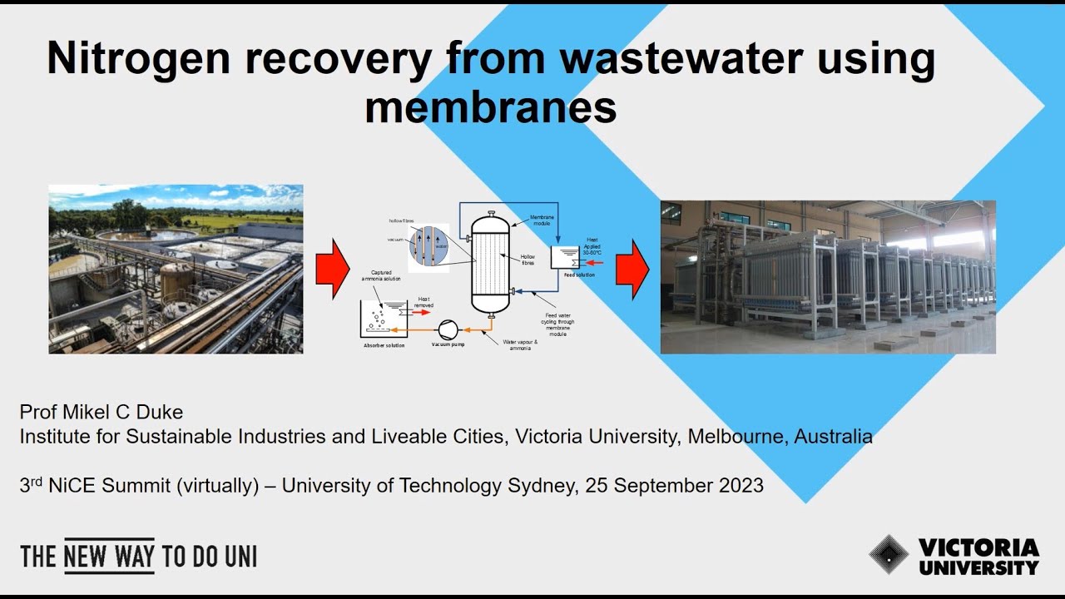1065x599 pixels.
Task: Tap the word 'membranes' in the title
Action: pyautogui.click(x=491, y=107)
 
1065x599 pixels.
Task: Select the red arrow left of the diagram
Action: pyautogui.click(x=333, y=268)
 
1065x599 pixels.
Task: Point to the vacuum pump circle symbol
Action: pyautogui.click(x=448, y=327)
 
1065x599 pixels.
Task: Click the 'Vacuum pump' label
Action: pyautogui.click(x=448, y=344)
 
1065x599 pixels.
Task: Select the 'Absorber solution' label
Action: pyautogui.click(x=384, y=344)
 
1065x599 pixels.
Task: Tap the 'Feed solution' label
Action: pyautogui.click(x=579, y=275)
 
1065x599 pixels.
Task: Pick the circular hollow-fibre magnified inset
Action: pyautogui.click(x=428, y=247)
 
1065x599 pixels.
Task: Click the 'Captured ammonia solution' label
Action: pyautogui.click(x=381, y=275)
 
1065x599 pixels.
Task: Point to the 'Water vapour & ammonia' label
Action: pyautogui.click(x=521, y=344)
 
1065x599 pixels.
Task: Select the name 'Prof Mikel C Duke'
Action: pyautogui.click(x=102, y=413)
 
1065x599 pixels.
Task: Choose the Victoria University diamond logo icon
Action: pyautogui.click(x=889, y=555)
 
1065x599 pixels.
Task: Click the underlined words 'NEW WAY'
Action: pyautogui.click(x=109, y=557)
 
